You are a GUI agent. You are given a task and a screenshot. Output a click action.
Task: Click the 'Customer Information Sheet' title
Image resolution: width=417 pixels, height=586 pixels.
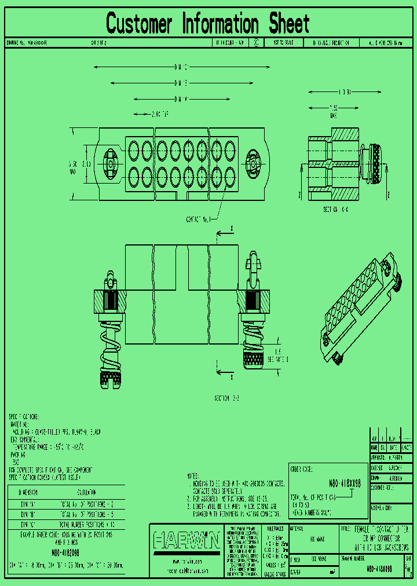pos(208,24)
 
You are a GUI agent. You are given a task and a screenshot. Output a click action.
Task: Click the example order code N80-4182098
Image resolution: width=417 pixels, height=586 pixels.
pos(65,553)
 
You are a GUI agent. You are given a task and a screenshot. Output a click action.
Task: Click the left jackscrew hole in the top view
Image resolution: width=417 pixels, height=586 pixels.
pos(111,164)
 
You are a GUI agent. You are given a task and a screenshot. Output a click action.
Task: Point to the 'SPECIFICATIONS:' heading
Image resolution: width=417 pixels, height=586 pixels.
pos(24,416)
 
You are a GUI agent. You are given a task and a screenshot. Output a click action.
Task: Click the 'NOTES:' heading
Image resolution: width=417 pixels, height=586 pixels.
pos(194,475)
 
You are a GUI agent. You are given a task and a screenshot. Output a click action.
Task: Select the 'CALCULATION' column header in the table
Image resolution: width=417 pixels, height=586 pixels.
pos(87,492)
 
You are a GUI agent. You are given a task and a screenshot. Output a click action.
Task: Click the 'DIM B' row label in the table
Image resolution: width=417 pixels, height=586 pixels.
pos(29,513)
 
